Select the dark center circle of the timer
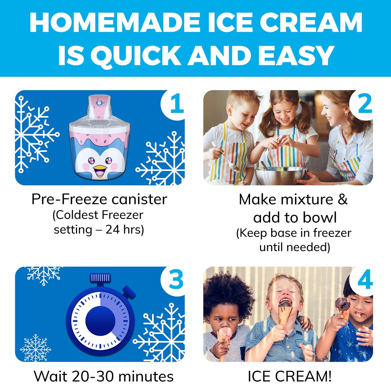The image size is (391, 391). click(100, 321)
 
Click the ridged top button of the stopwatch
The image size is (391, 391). click(100, 278)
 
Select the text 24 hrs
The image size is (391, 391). click(124, 230)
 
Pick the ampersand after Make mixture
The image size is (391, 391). click(342, 200)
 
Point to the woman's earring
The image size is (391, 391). click(346, 114)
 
